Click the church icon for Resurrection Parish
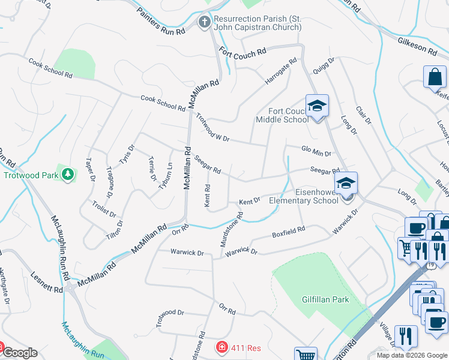tap(204, 23)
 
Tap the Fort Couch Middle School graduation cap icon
tap(316, 107)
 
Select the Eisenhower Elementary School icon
tap(346, 184)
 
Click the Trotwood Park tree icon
tap(68, 174)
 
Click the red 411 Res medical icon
tap(221, 347)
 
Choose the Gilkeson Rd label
tap(417, 47)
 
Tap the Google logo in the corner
tap(20, 353)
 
